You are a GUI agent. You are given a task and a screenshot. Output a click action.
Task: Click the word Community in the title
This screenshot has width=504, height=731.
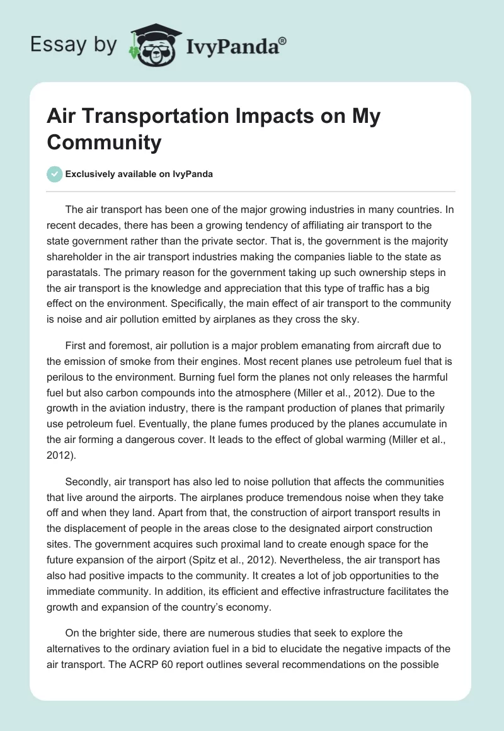coord(104,142)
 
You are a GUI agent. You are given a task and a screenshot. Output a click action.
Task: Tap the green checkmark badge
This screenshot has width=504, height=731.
coord(55,174)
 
